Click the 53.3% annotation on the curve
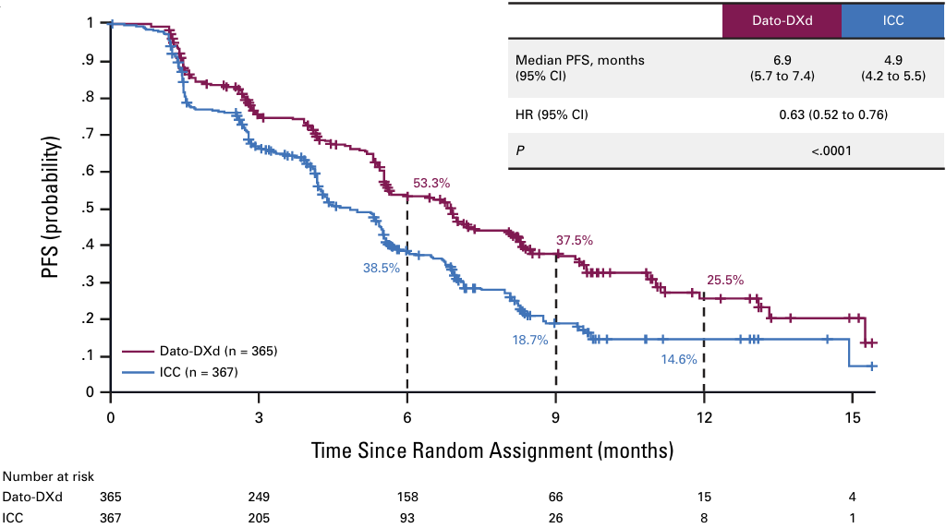(431, 183)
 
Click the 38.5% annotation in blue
(381, 268)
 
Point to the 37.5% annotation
(574, 240)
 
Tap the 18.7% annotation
(530, 340)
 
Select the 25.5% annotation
(725, 280)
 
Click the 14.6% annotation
(678, 360)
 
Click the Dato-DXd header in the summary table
(782, 19)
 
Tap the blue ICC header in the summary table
(893, 19)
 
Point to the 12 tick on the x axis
(704, 417)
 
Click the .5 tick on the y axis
(89, 209)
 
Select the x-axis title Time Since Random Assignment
(491, 451)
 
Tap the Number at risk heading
(48, 476)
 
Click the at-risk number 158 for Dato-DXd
(407, 497)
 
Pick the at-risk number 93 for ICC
(407, 518)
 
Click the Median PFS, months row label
(580, 60)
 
